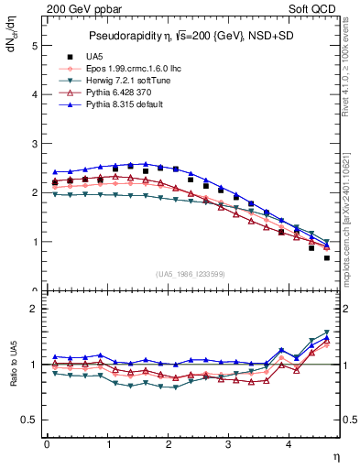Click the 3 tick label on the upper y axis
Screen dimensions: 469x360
[x=34, y=144]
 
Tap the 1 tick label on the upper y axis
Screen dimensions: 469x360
[x=34, y=243]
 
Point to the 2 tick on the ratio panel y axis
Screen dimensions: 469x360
[x=34, y=309]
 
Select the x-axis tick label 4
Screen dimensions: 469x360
[x=289, y=444]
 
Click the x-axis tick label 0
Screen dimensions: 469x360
[x=47, y=444]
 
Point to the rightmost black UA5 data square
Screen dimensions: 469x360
[x=327, y=257]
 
